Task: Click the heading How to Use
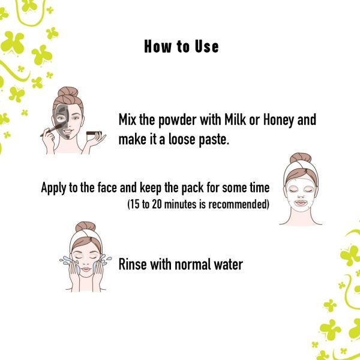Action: click(x=181, y=46)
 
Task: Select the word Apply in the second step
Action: click(x=53, y=187)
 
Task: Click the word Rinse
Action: click(x=134, y=263)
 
